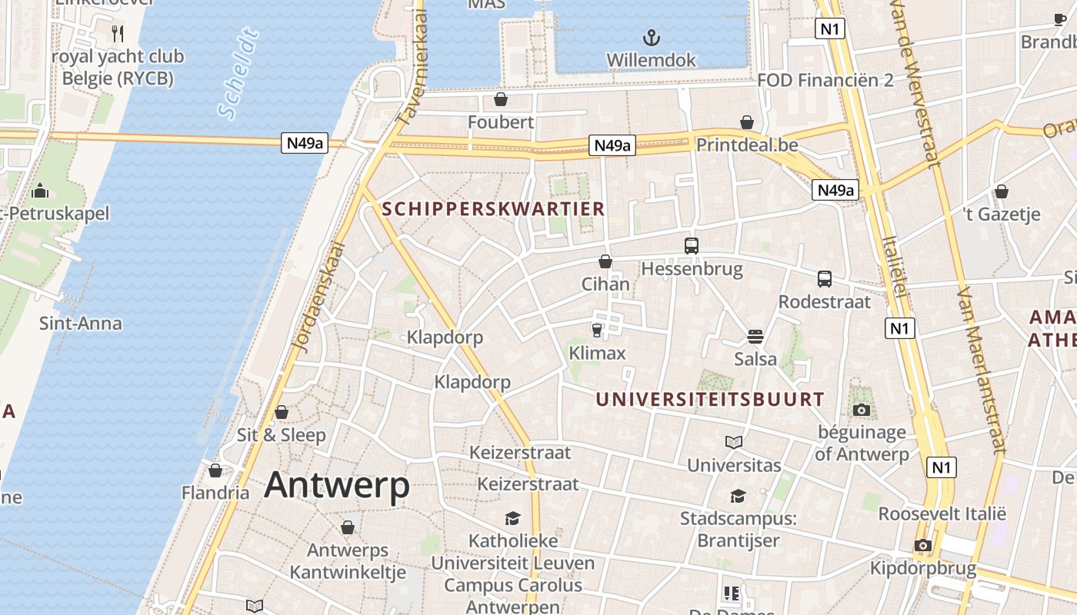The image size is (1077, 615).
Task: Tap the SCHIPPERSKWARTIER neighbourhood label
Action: point(493,208)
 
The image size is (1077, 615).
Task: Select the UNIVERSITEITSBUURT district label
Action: point(710,400)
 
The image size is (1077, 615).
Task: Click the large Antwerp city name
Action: point(337,486)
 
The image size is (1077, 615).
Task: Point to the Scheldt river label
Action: point(238,74)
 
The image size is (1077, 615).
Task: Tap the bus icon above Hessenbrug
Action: point(692,246)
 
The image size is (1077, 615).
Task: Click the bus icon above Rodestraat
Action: point(825,279)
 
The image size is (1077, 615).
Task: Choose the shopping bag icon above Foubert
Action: point(501,99)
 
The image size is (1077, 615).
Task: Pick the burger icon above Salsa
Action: point(755,336)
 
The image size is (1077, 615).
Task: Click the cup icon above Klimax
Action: point(597,330)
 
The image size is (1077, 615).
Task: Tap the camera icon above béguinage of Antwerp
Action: point(862,410)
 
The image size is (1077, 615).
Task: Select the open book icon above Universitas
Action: point(734,442)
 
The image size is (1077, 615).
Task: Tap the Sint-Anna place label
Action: point(81,323)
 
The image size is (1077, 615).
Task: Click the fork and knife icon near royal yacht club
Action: point(118,34)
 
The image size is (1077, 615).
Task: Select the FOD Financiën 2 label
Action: point(825,80)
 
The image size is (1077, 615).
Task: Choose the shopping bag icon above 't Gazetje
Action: point(1002,191)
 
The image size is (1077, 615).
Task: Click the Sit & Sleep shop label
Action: point(282,435)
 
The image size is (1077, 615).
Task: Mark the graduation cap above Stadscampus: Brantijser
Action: point(738,496)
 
